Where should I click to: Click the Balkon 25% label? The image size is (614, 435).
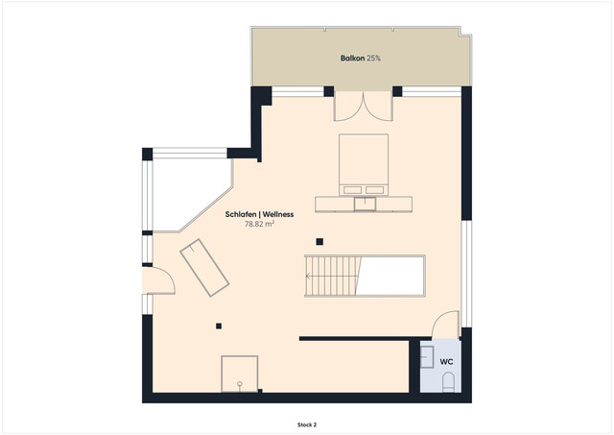(360, 59)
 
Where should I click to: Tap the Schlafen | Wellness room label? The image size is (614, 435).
(259, 214)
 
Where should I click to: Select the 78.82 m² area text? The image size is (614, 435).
(259, 225)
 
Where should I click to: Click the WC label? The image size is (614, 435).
(446, 361)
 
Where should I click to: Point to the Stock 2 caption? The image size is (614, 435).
(306, 423)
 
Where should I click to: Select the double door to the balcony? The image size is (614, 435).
(363, 106)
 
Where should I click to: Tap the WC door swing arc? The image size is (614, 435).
(445, 325)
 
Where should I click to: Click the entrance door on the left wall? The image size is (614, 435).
(157, 280)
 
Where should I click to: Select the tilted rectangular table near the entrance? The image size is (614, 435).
(204, 268)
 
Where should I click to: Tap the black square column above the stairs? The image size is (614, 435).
(321, 242)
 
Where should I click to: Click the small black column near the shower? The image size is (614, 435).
(219, 326)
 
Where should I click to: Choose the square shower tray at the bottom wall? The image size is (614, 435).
(240, 374)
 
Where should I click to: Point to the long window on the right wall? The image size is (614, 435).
(465, 274)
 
